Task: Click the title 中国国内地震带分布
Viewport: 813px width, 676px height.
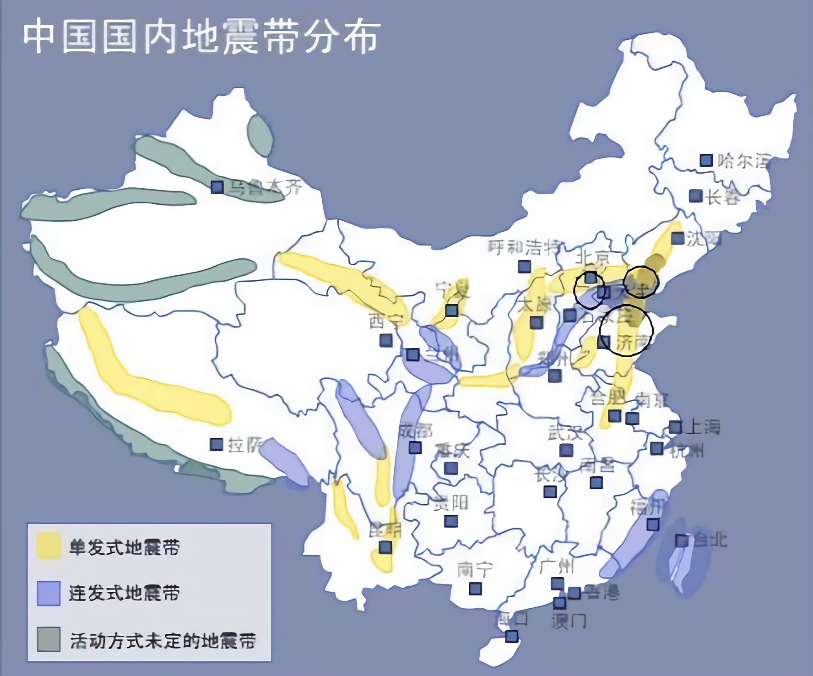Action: tap(201, 37)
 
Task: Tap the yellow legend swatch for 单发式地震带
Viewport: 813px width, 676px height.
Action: tap(49, 546)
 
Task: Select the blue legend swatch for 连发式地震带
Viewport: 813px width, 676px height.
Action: tap(49, 593)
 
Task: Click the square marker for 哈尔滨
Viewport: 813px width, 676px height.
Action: tap(706, 160)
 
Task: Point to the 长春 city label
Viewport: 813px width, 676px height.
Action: tap(722, 197)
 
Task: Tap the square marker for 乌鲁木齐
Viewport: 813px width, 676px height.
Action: tap(217, 187)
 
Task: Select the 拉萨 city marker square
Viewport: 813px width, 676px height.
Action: tap(216, 444)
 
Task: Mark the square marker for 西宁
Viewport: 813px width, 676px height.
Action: tap(386, 340)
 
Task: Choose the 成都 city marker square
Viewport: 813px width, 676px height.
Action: tap(415, 447)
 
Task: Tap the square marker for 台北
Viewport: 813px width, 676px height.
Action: tap(682, 540)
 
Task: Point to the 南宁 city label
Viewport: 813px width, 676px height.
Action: tap(475, 570)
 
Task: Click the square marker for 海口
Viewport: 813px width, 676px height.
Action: tap(512, 636)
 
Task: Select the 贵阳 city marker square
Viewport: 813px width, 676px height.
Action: tap(451, 521)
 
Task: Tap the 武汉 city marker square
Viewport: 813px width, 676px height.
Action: tap(566, 451)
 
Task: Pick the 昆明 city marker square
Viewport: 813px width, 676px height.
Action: tap(385, 547)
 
